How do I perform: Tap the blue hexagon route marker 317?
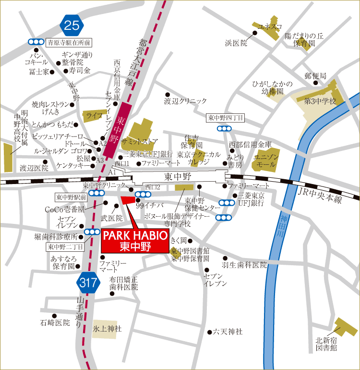pyautogui.click(x=88, y=283)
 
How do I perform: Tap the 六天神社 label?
pyautogui.click(x=228, y=332)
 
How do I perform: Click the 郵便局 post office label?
pyautogui.click(x=315, y=76)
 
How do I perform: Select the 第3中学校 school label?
pyautogui.click(x=320, y=101)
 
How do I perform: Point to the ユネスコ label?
pyautogui.click(x=270, y=26)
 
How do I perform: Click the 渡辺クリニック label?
pyautogui.click(x=185, y=101)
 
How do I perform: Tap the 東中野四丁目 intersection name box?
pyautogui.click(x=226, y=118)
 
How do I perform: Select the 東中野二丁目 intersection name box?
pyautogui.click(x=66, y=247)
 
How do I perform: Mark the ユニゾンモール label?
pyautogui.click(x=265, y=160)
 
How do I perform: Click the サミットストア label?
pyautogui.click(x=140, y=141)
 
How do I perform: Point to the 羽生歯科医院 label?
pyautogui.click(x=244, y=265)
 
